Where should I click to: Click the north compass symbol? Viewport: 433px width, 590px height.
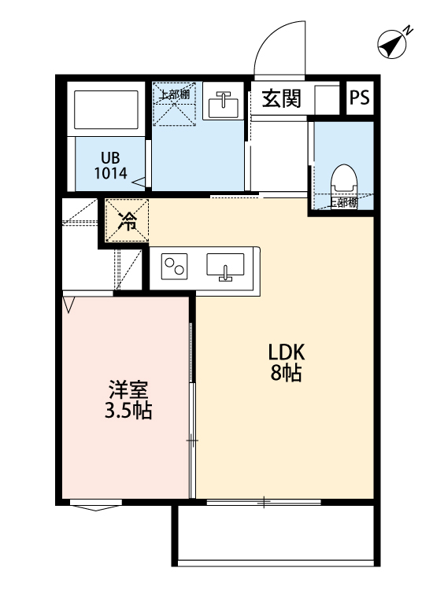[x=393, y=44]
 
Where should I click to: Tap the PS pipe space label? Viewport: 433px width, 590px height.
[x=360, y=98]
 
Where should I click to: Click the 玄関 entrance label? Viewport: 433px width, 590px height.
[x=281, y=98]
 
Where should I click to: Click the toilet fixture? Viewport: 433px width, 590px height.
[x=343, y=180]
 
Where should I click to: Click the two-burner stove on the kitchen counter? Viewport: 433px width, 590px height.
[x=176, y=267]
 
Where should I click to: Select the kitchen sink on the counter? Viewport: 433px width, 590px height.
[x=226, y=267]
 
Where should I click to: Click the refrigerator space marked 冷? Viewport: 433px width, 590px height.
[x=126, y=221]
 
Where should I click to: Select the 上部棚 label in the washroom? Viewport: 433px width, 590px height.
[x=173, y=95]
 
